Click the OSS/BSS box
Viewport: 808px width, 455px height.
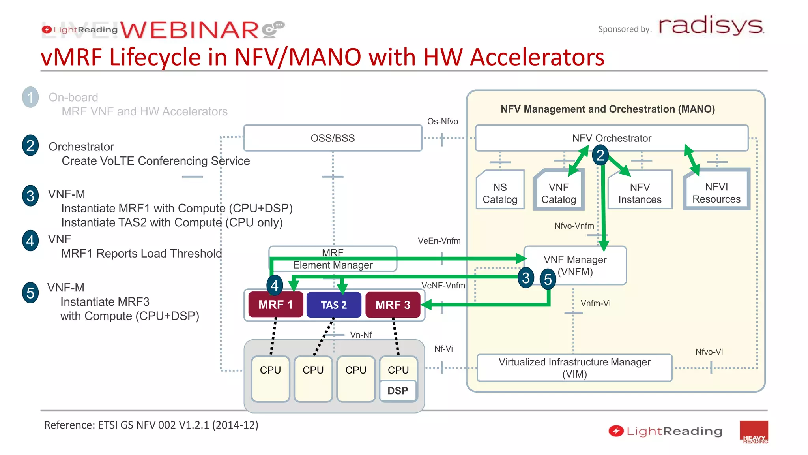333,138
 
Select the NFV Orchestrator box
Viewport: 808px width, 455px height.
612,138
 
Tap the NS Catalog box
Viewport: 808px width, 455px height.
500,193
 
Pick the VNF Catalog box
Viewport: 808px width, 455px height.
558,193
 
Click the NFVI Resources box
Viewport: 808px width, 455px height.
716,193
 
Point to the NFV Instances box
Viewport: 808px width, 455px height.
640,193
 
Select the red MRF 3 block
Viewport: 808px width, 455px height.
393,305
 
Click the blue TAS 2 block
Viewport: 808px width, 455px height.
334,305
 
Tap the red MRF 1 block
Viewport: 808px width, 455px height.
275,305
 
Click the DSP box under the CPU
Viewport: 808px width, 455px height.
398,391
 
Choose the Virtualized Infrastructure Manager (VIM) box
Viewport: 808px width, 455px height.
574,368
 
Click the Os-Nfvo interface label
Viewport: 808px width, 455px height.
442,122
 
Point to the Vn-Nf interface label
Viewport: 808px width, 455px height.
361,335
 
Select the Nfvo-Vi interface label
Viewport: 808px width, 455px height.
709,352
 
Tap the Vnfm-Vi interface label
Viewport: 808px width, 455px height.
595,303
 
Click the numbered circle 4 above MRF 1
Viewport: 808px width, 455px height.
275,285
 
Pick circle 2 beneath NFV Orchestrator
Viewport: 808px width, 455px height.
600,155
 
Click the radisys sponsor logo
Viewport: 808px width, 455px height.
711,26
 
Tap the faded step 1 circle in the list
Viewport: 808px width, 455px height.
30,97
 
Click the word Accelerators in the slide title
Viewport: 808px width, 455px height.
537,57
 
